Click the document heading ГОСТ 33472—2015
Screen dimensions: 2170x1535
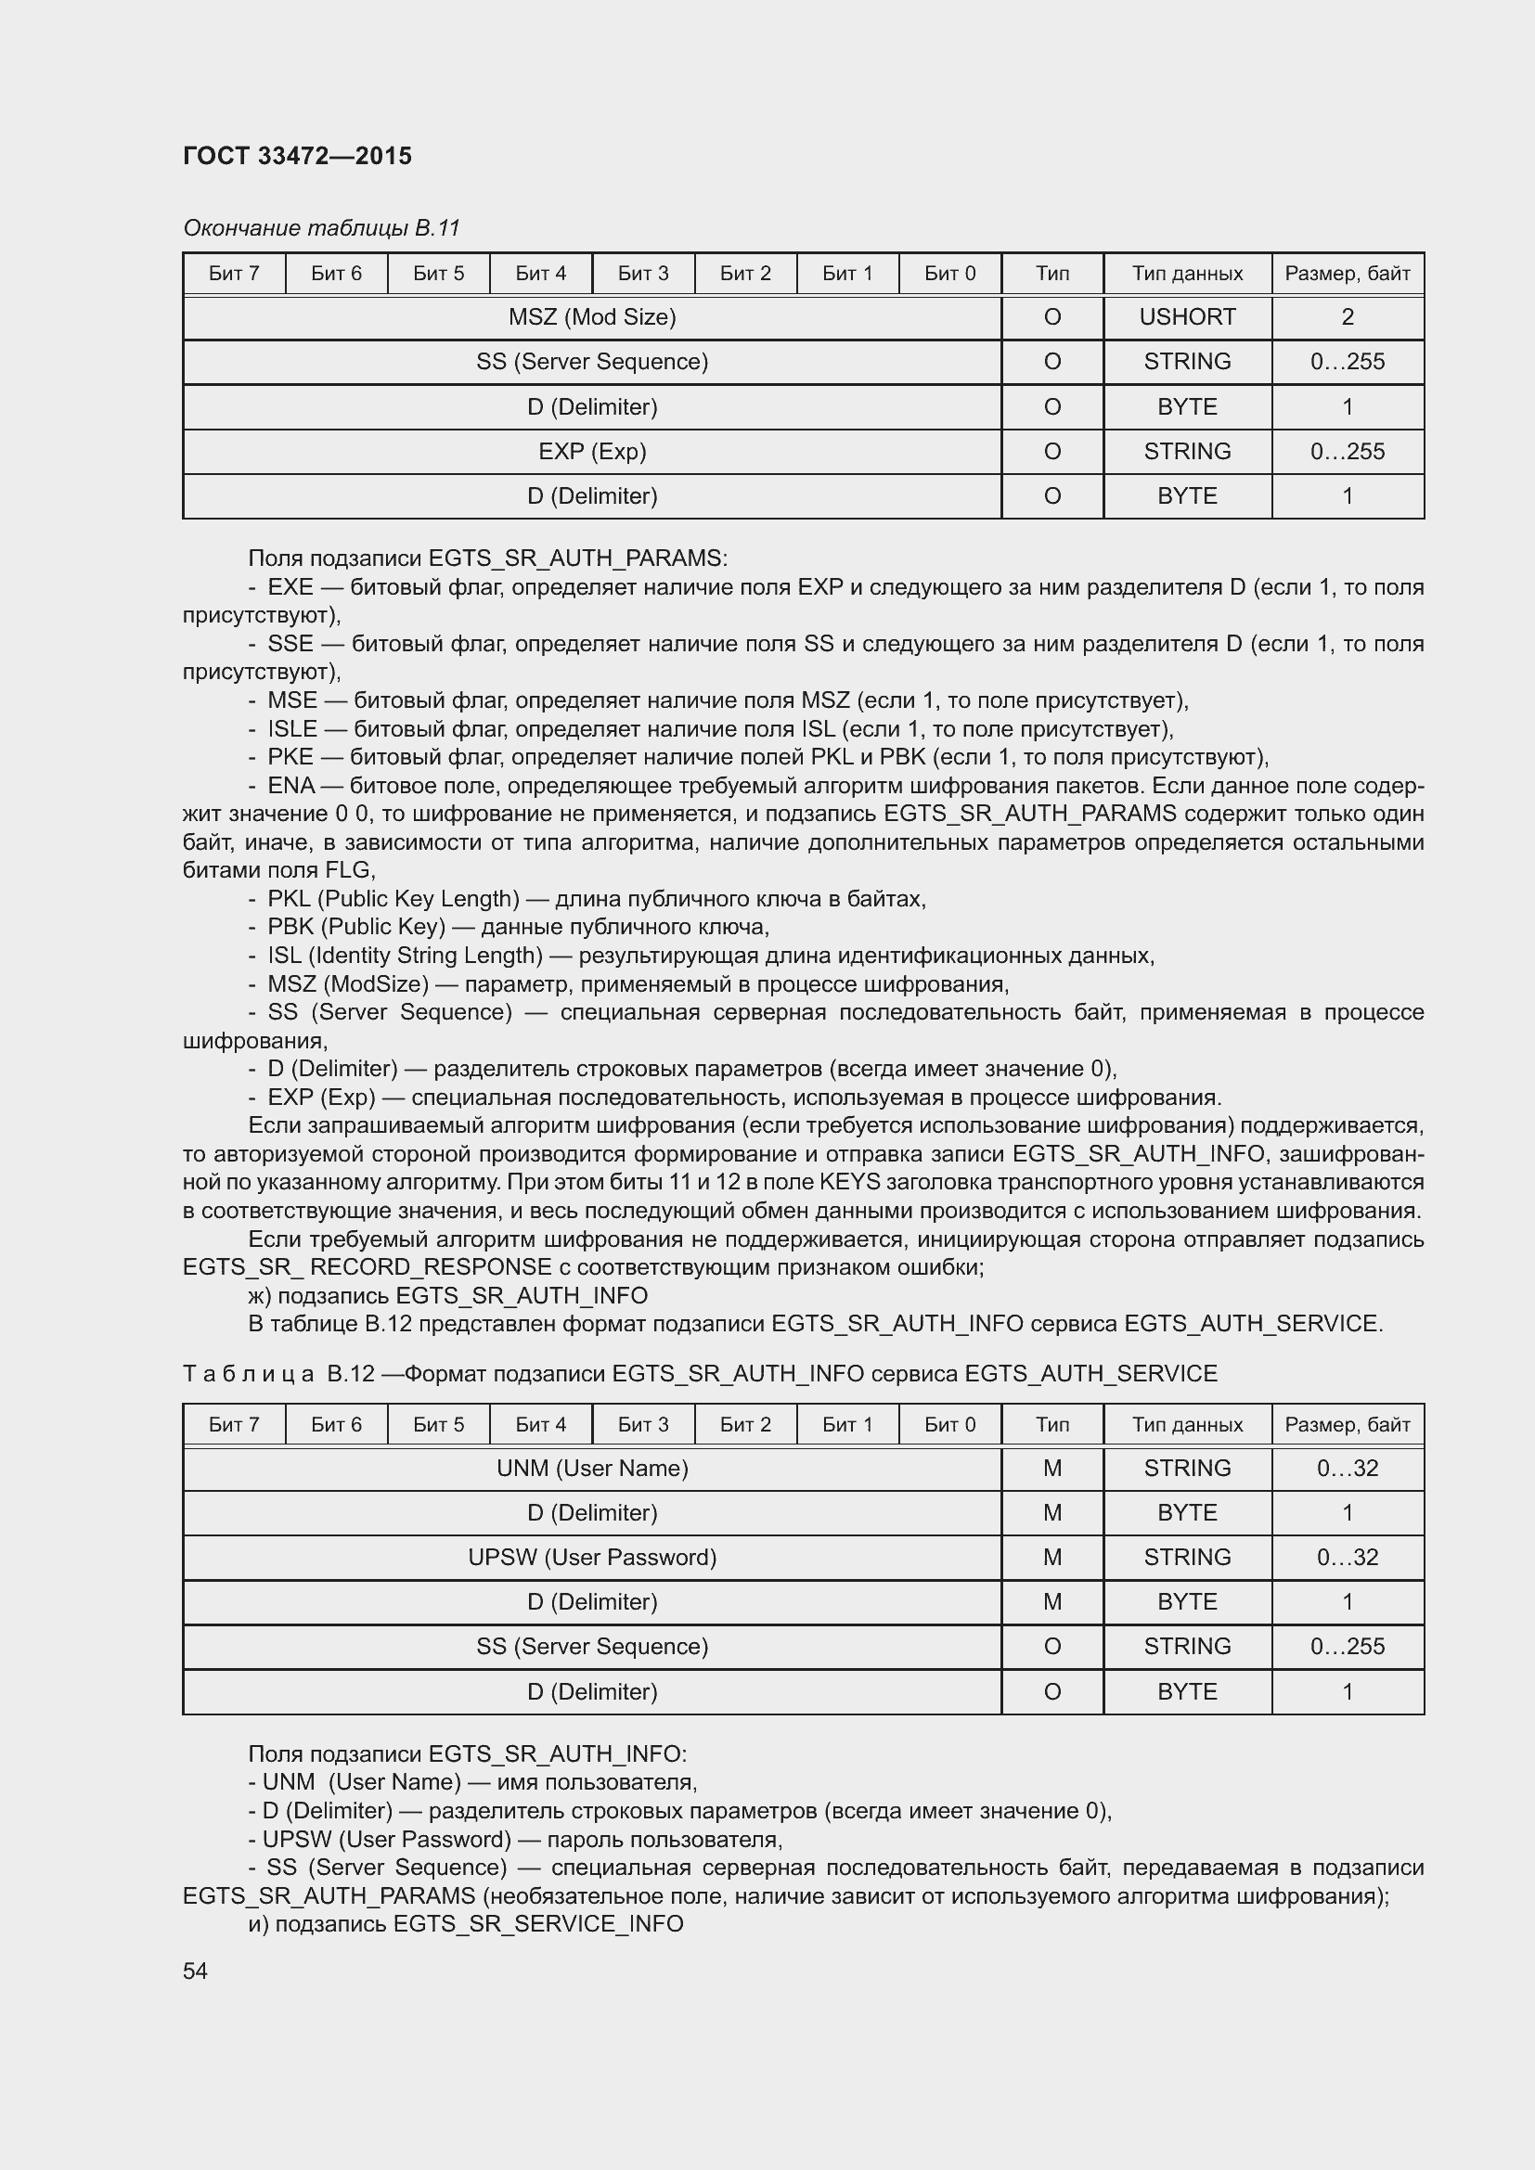[x=297, y=156]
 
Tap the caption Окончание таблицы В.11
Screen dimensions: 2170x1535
[x=321, y=228]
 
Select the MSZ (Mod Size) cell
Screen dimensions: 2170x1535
[x=592, y=317]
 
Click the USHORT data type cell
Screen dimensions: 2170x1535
[x=1186, y=317]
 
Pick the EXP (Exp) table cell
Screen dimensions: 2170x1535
[x=592, y=452]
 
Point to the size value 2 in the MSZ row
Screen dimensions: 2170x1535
[x=1347, y=317]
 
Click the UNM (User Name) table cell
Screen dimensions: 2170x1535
[x=592, y=1468]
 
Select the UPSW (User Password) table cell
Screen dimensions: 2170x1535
[x=592, y=1557]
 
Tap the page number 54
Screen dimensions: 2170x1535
[x=195, y=1971]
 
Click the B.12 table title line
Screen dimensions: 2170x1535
[x=700, y=1373]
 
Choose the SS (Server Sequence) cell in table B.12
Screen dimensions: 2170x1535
[x=592, y=1646]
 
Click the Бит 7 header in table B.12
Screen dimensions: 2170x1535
[x=234, y=1424]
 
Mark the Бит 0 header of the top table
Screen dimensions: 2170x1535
[x=949, y=274]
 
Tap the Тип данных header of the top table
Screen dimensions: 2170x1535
[x=1186, y=274]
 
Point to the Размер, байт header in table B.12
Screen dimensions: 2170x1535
[x=1347, y=1424]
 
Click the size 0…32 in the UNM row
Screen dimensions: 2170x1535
[x=1347, y=1468]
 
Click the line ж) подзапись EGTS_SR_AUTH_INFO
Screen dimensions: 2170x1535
[x=448, y=1295]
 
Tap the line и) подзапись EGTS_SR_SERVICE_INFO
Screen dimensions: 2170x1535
[x=465, y=1923]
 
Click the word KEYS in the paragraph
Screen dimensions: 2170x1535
[x=850, y=1182]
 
